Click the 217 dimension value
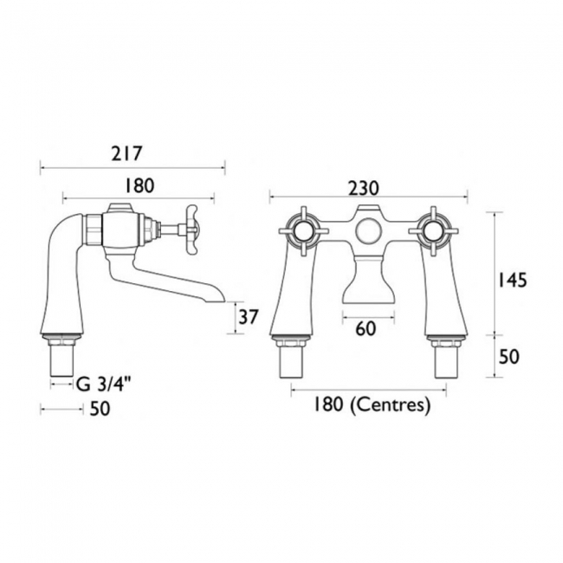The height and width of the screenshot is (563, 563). tap(126, 153)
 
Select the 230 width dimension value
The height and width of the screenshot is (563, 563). tap(364, 188)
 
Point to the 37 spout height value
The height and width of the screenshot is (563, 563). tap(249, 317)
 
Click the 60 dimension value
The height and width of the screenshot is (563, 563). tap(366, 329)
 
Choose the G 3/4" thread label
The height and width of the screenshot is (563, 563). tap(103, 385)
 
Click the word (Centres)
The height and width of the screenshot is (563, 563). tap(390, 405)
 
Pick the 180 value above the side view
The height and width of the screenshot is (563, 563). tap(139, 186)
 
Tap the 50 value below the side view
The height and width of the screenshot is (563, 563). tap(100, 409)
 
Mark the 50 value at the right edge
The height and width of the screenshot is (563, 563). tap(509, 357)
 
